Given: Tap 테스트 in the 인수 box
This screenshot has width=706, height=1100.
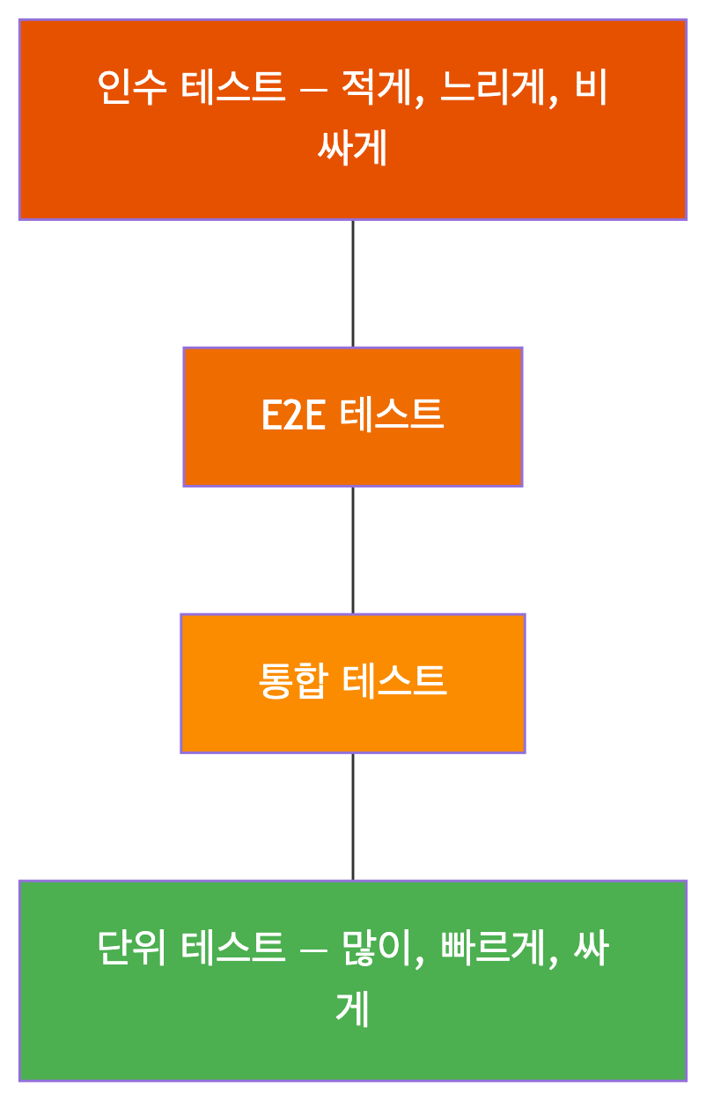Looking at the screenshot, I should pyautogui.click(x=233, y=89).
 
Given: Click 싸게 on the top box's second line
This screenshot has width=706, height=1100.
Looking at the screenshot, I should pyautogui.click(x=352, y=149).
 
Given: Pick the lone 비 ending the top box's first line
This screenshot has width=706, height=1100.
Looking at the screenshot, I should pyautogui.click(x=592, y=89).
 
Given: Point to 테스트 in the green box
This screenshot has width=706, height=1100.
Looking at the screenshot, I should pyautogui.click(x=233, y=950).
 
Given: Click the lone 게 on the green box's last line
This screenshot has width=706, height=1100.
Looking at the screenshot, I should pyautogui.click(x=352, y=1009).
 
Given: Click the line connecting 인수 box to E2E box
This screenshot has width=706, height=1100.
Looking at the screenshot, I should pyautogui.click(x=353, y=282).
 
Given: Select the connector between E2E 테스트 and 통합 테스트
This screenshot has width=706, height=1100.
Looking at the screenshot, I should pyautogui.click(x=353, y=550).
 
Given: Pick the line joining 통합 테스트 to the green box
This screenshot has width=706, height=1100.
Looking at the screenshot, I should pyautogui.click(x=353, y=816).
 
